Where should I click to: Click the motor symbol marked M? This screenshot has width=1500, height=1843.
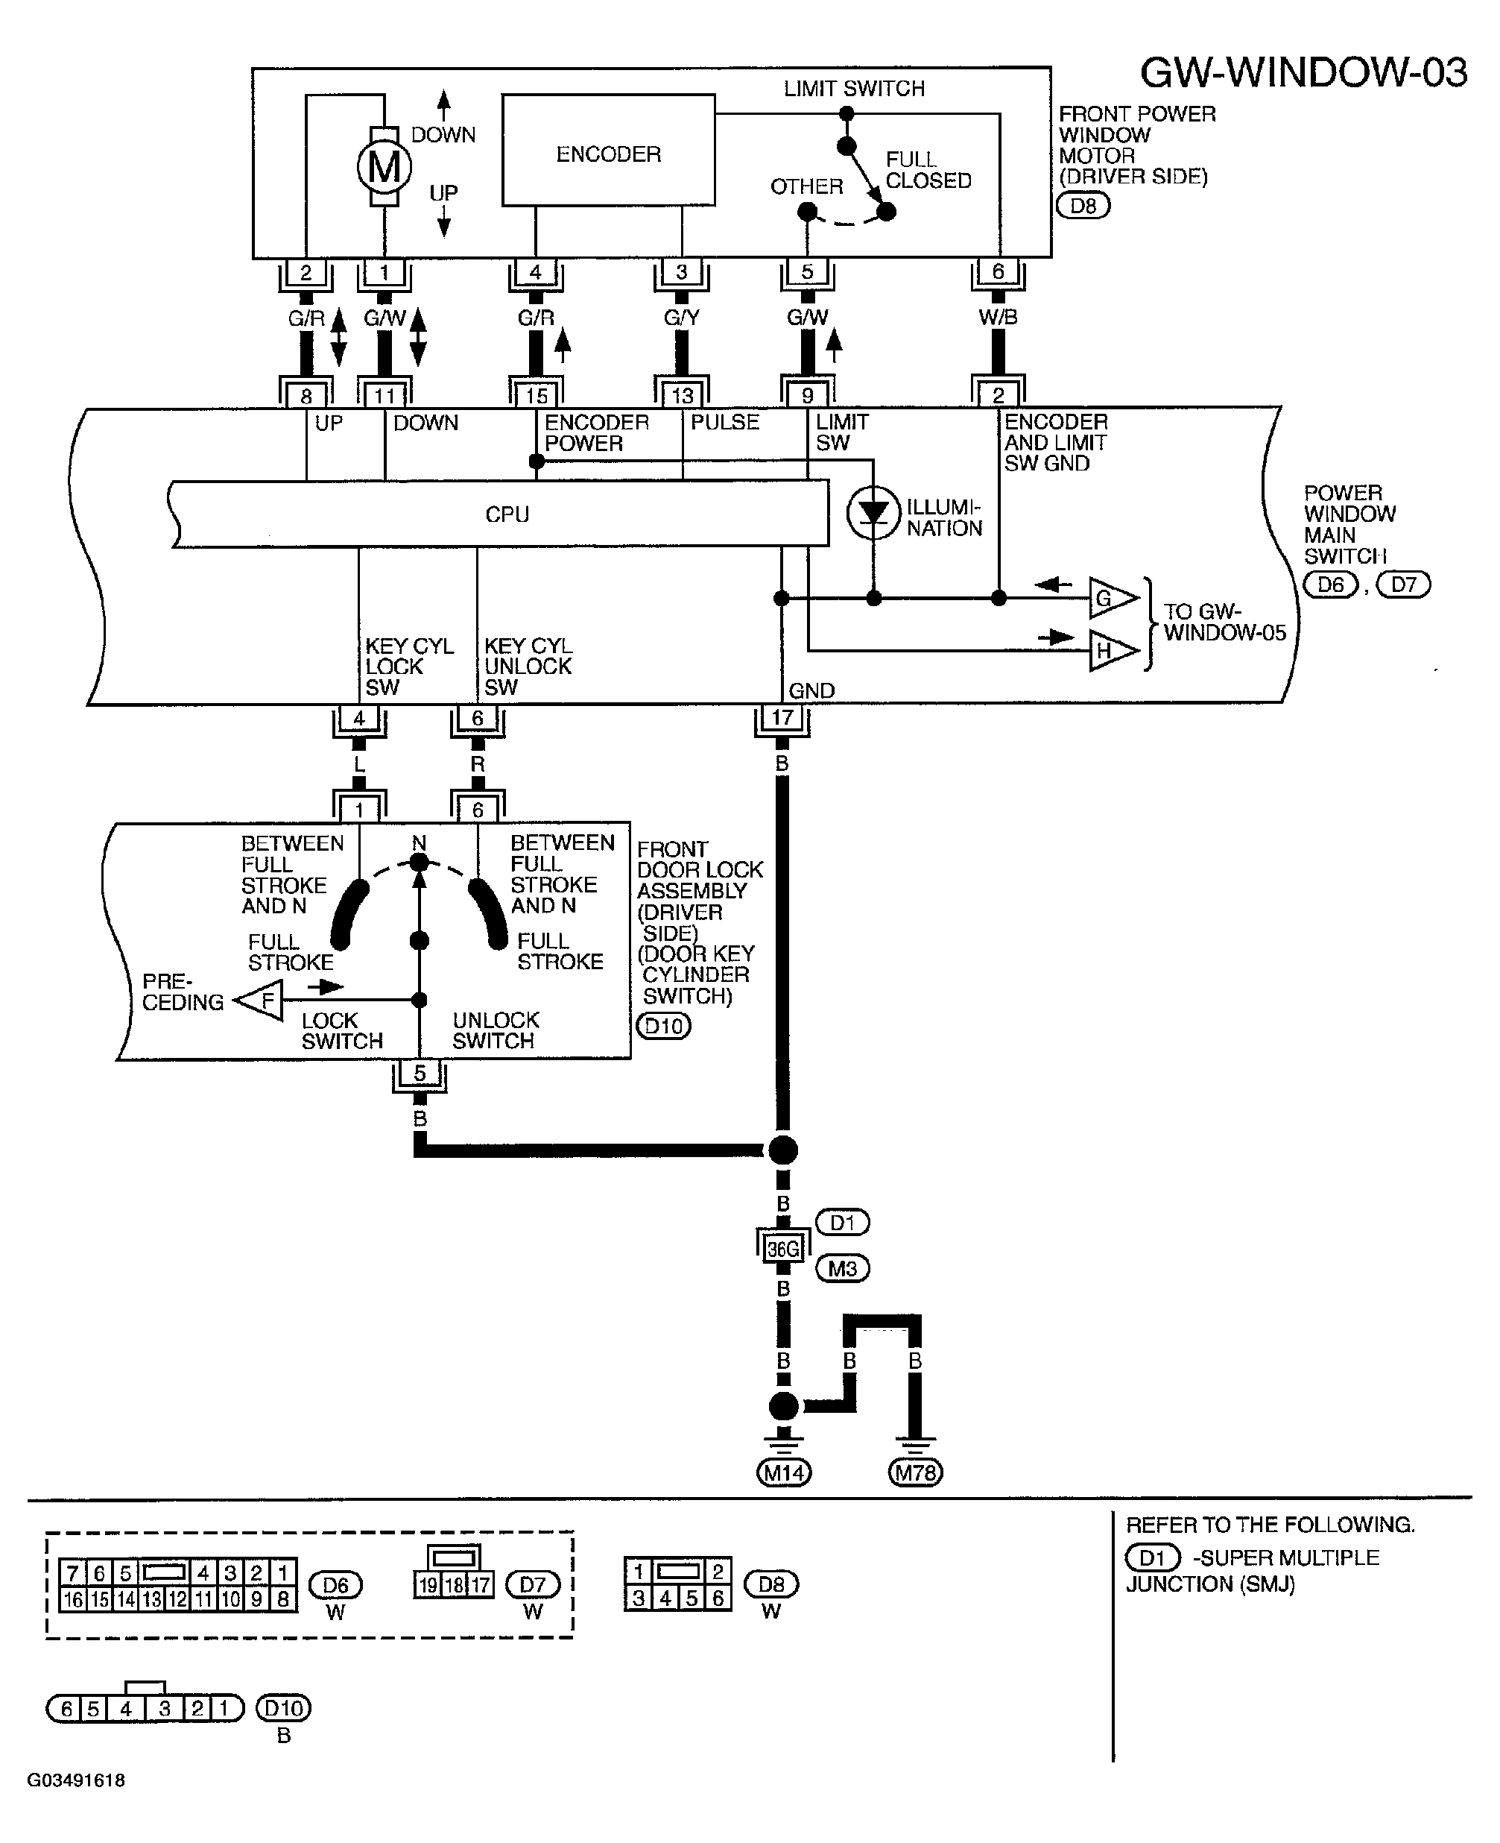tap(385, 166)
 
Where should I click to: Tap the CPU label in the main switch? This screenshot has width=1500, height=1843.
tap(507, 514)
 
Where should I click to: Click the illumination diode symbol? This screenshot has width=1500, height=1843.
tap(873, 514)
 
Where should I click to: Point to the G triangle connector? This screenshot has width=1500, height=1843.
tap(1111, 598)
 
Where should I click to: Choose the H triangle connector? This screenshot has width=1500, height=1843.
tap(1111, 651)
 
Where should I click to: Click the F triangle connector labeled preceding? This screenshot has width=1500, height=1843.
tap(261, 1001)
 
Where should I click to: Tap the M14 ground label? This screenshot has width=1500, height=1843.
tap(784, 1472)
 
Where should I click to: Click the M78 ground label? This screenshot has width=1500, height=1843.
tap(915, 1472)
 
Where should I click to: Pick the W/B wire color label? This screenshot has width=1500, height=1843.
tap(998, 318)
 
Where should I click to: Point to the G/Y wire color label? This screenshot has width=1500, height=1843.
tap(682, 318)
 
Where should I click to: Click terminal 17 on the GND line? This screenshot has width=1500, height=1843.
tap(782, 717)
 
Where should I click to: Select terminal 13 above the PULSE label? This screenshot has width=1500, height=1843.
tap(683, 395)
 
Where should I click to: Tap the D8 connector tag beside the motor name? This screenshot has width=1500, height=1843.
tap(1083, 206)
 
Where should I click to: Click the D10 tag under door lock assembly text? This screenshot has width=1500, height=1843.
tap(664, 1026)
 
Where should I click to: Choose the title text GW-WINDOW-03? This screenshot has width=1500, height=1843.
tap(1303, 72)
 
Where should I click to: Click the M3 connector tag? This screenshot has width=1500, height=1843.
tap(843, 1269)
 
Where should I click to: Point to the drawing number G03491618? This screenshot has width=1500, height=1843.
tap(76, 1780)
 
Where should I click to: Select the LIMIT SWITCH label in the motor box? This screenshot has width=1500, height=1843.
tap(854, 88)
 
